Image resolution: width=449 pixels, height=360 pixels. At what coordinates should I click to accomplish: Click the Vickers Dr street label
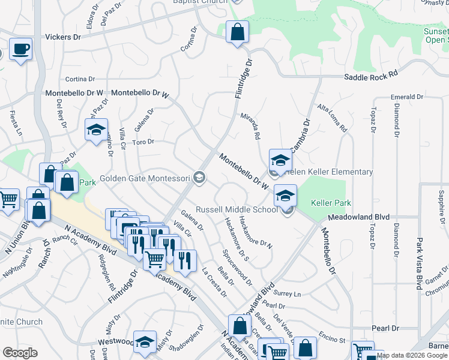[63, 37]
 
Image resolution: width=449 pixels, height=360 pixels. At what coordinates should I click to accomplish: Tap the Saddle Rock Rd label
[371, 76]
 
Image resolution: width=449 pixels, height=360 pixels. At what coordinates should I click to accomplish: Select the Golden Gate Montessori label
[145, 178]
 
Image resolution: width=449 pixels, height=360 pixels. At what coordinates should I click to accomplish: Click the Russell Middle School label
[237, 209]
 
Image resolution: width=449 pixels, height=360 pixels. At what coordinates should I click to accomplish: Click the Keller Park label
[331, 203]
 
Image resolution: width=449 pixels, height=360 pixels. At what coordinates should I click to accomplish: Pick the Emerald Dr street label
[406, 97]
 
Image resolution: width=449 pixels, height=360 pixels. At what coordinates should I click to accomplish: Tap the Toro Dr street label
[143, 142]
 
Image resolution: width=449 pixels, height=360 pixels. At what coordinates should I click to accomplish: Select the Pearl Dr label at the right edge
[385, 328]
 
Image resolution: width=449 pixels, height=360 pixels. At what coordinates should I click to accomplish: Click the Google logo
[20, 353]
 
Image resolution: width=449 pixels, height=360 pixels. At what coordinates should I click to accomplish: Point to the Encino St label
[331, 340]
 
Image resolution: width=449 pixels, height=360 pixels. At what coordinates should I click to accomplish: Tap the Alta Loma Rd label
[332, 118]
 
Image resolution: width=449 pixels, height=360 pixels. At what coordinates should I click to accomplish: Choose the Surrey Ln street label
[286, 294]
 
